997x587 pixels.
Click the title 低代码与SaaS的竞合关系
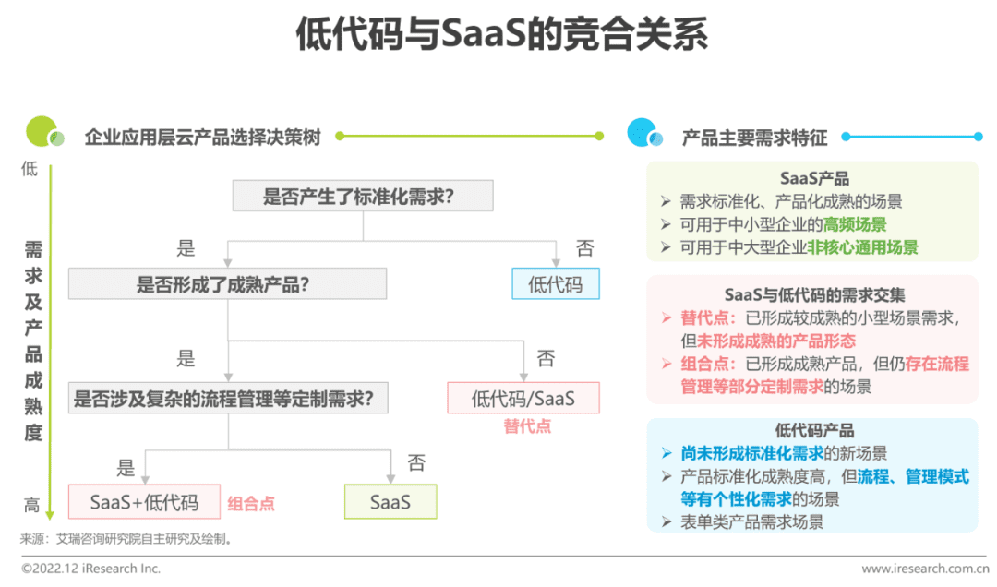pos(501,34)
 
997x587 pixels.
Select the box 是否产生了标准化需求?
pos(363,196)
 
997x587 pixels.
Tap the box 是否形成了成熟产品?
pos(228,283)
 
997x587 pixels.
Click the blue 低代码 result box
pos(556,283)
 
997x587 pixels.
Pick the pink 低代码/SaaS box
pos(523,398)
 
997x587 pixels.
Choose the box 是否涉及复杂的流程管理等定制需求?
pos(228,398)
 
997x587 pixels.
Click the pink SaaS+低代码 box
pos(144,502)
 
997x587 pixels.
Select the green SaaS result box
pos(390,502)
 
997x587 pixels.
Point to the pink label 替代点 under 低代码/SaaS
pos(527,426)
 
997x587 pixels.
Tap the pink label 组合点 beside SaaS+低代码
pos(251,504)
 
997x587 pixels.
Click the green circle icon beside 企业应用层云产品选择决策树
pos(44,132)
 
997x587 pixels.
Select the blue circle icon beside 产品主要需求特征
pos(644,133)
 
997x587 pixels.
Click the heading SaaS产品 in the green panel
pos(814,178)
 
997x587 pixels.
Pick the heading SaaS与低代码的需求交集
pos(814,294)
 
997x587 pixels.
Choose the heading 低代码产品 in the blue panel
pos(814,430)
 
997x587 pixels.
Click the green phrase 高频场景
pos(855,224)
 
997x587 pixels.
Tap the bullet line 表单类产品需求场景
pos(751,522)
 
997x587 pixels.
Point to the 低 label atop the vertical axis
pos(30,169)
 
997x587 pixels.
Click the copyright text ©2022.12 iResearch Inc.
pos(90,568)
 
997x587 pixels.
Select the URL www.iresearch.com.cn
pos(925,568)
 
